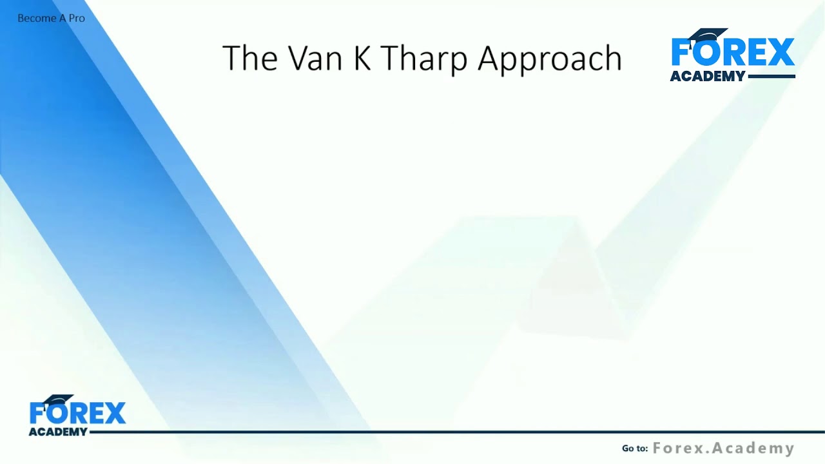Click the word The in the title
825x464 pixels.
[x=250, y=58]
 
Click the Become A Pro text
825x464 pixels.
[x=51, y=18]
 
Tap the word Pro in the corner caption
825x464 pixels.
[x=77, y=18]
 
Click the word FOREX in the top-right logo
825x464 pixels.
[x=733, y=53]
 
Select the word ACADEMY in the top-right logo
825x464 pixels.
[x=707, y=76]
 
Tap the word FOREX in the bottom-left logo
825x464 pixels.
[x=77, y=414]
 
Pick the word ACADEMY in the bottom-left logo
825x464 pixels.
[x=57, y=432]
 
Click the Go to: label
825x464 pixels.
[x=634, y=449]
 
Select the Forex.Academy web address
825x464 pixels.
[x=723, y=448]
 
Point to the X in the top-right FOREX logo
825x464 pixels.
[x=781, y=53]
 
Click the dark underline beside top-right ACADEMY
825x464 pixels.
[x=772, y=77]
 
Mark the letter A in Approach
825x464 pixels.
[x=489, y=58]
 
